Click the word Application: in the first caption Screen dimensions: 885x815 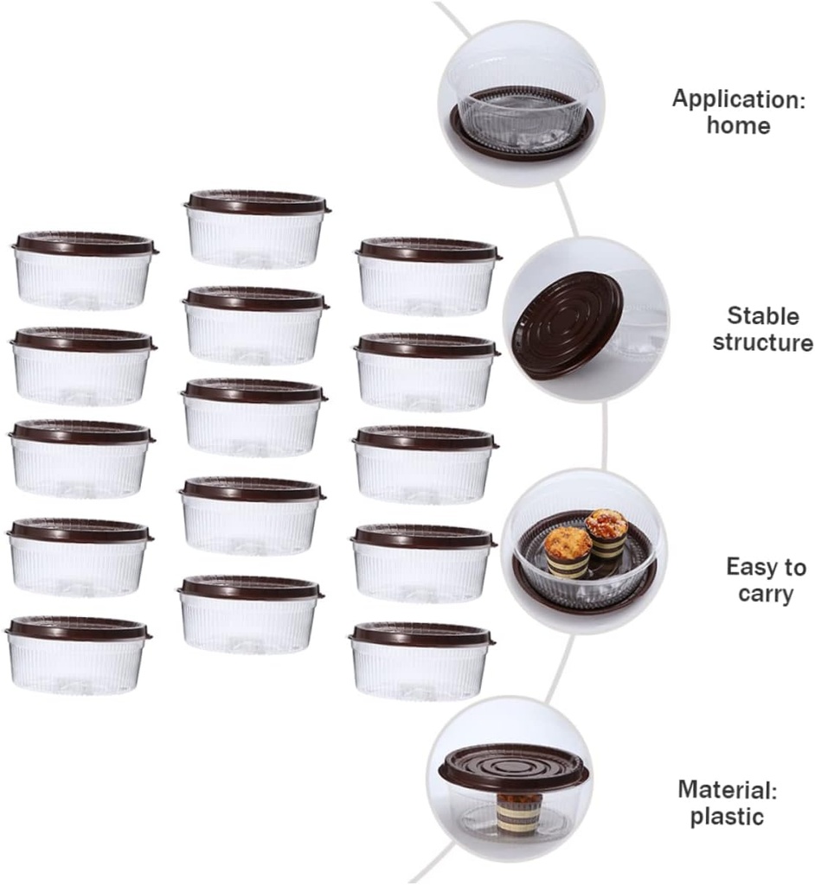click(738, 99)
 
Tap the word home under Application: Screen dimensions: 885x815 click(738, 125)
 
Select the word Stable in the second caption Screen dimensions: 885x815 click(762, 315)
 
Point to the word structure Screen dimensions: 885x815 click(762, 342)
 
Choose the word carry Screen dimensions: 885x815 click(766, 595)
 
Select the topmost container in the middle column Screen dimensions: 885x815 click(256, 229)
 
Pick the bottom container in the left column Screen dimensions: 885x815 click(79, 654)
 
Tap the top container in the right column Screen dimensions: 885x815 click(427, 276)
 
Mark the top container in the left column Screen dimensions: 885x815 click(84, 270)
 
